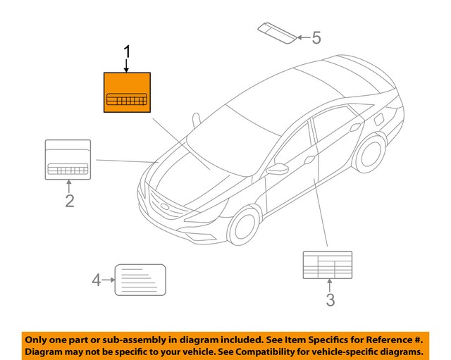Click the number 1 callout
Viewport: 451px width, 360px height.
pos(128,52)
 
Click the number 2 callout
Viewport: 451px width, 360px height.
pos(69,201)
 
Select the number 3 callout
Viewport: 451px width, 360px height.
pos(330,301)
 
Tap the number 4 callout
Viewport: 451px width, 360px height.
pos(97,280)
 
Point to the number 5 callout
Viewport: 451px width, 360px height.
pos(316,37)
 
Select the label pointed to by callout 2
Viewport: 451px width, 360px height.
pos(68,159)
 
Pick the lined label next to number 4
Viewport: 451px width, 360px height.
pos(140,280)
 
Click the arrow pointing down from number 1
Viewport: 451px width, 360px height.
pos(128,66)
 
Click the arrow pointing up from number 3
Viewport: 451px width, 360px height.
pos(330,285)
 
